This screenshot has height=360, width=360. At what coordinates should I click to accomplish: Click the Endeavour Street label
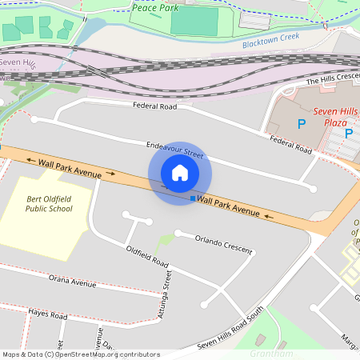(175, 149)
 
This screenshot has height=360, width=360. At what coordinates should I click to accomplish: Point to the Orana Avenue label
(72, 282)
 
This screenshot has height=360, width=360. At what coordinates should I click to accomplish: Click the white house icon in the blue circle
(180, 173)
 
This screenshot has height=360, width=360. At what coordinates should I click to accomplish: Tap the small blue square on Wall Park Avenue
(193, 198)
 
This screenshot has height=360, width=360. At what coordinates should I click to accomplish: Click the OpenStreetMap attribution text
(80, 354)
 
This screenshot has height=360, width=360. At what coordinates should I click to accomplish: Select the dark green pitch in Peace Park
(194, 21)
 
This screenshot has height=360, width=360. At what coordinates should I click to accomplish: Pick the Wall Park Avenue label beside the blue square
(230, 206)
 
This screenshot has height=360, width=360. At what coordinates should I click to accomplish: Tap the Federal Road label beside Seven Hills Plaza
(290, 145)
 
